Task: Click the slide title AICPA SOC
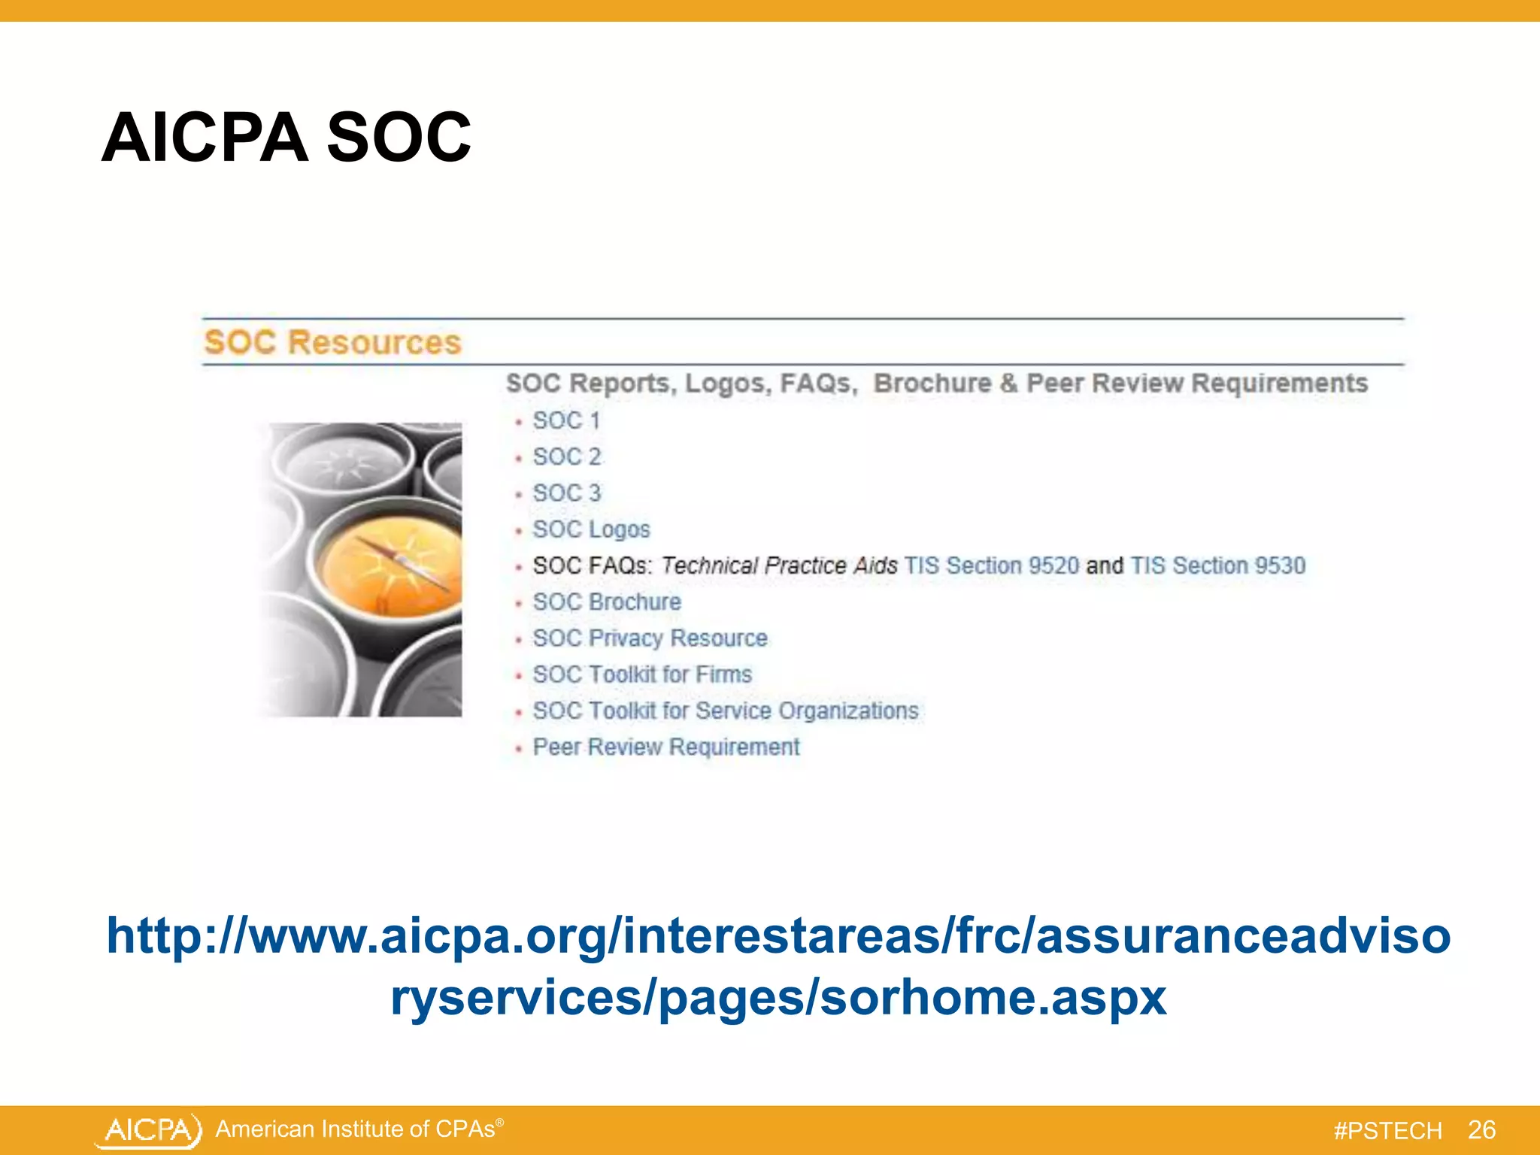(x=286, y=138)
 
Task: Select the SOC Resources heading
(x=332, y=343)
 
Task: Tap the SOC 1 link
(x=566, y=421)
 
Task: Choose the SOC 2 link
(x=567, y=457)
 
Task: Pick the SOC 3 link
(x=567, y=493)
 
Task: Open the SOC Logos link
(x=591, y=529)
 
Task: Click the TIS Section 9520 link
(x=991, y=565)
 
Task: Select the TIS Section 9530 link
(x=1218, y=565)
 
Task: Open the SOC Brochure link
(x=607, y=602)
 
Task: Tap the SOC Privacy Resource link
(x=650, y=638)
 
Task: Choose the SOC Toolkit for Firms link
(x=642, y=675)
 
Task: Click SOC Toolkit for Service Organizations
(x=726, y=711)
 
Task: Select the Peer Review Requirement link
(x=666, y=747)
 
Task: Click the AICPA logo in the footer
(x=149, y=1130)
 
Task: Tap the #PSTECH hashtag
(x=1387, y=1131)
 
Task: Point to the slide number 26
(x=1481, y=1130)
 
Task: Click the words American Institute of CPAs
(x=356, y=1129)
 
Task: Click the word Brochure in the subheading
(x=932, y=383)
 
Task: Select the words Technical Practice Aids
(x=779, y=565)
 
